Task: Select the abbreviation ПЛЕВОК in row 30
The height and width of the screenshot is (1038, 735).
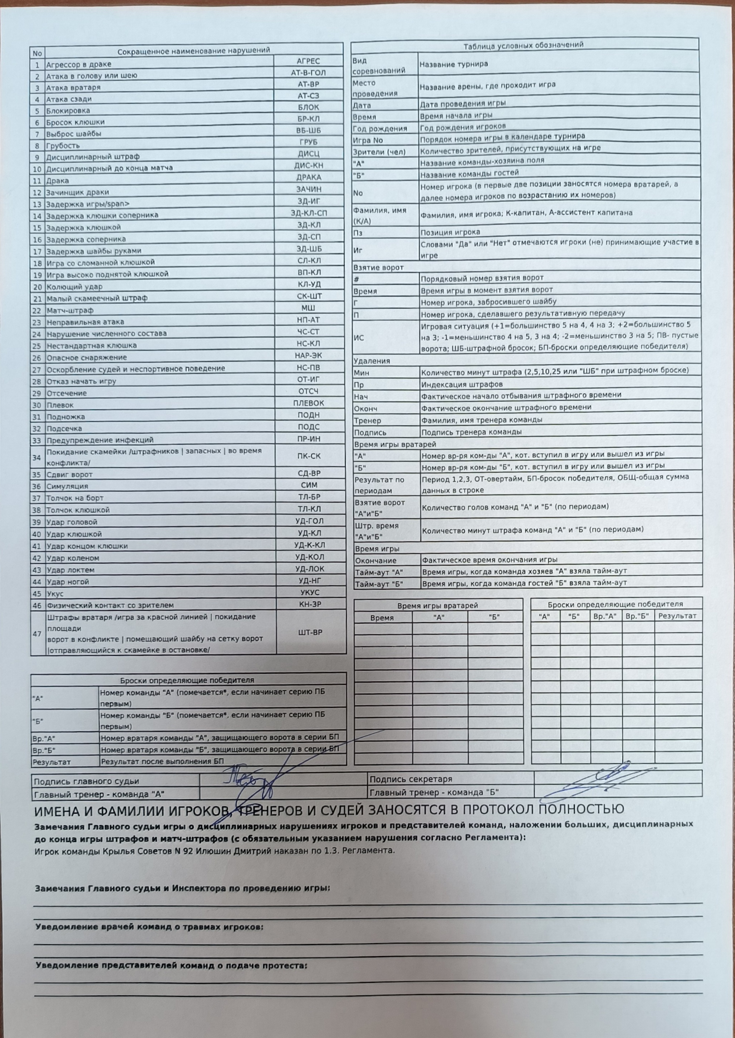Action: point(309,403)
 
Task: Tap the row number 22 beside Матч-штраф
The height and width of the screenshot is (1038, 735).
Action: point(37,311)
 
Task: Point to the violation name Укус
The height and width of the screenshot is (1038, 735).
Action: point(55,594)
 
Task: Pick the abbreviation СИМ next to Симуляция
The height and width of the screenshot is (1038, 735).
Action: point(309,485)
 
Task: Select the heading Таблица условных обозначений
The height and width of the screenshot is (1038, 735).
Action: point(523,45)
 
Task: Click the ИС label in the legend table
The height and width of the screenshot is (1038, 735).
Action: point(358,338)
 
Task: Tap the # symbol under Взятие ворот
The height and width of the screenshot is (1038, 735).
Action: point(357,279)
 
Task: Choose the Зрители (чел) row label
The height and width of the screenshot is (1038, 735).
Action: point(379,152)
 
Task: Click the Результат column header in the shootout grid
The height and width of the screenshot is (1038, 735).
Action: point(677,616)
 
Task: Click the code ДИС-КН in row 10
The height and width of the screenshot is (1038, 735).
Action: point(309,166)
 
